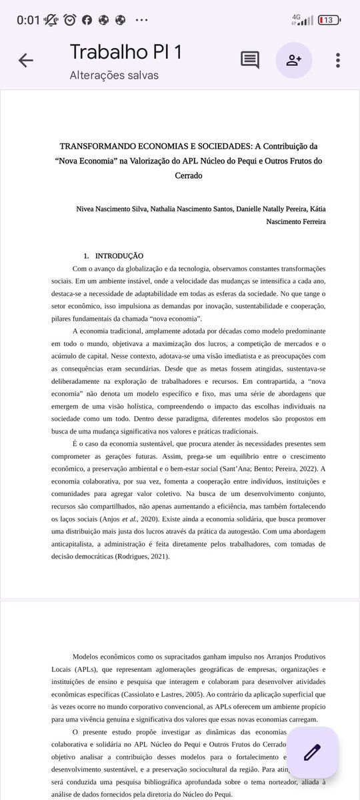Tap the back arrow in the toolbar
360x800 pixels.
click(25, 60)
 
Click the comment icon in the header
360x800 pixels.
click(250, 60)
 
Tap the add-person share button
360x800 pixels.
click(294, 60)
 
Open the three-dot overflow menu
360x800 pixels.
click(338, 60)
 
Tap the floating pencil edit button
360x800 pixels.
click(312, 752)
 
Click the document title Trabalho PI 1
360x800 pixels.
click(125, 51)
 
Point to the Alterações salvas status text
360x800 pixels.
click(114, 75)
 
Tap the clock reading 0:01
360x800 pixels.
click(29, 20)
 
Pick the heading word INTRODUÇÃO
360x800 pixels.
click(119, 255)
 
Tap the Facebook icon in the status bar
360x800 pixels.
click(87, 20)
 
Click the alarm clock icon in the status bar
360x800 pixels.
click(70, 20)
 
